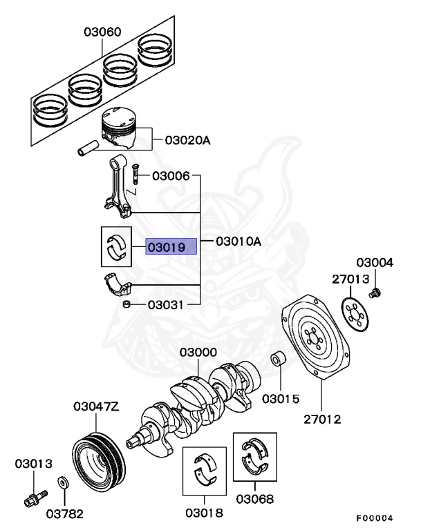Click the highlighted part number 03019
(x=171, y=246)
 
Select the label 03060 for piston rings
(x=103, y=32)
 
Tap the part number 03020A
(x=187, y=140)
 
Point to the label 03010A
(x=239, y=242)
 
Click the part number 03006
(x=171, y=176)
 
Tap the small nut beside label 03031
(x=127, y=304)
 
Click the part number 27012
(x=321, y=419)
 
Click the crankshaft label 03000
(x=198, y=353)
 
